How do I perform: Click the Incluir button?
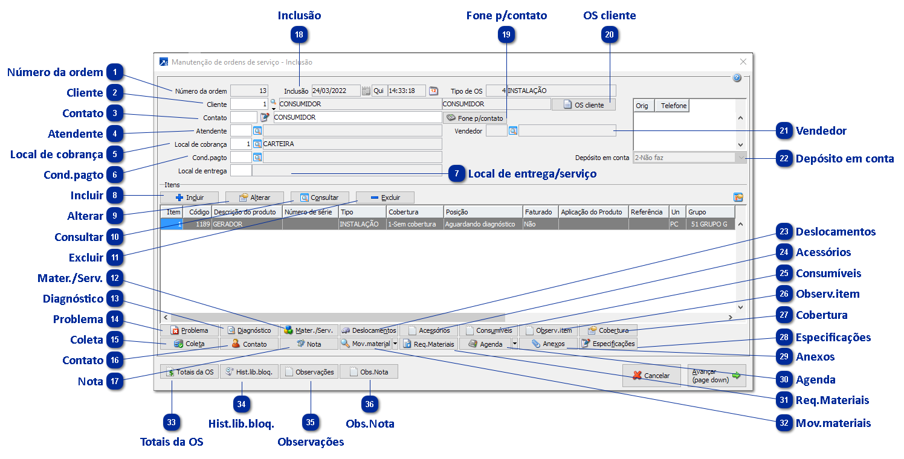coord(189,197)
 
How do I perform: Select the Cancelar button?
coord(651,376)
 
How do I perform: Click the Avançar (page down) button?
coord(716,376)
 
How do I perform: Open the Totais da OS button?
coord(189,372)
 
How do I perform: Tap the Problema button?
coord(189,330)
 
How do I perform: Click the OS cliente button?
coord(583,104)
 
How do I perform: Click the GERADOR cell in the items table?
coord(247,224)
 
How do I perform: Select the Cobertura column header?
coord(414,212)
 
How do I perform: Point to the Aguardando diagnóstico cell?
coord(482,224)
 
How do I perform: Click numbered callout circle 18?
coord(299,35)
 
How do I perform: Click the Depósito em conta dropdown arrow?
coord(740,158)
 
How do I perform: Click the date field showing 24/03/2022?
coord(335,91)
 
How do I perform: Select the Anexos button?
coord(547,344)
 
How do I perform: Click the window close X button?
coord(743,62)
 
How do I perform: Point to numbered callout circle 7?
coord(457,174)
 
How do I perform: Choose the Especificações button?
coord(608,344)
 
